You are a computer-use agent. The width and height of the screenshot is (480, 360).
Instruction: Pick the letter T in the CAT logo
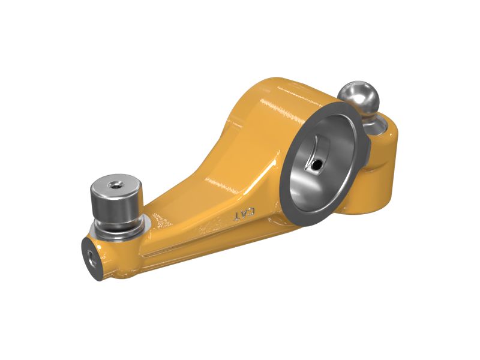[238, 217]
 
